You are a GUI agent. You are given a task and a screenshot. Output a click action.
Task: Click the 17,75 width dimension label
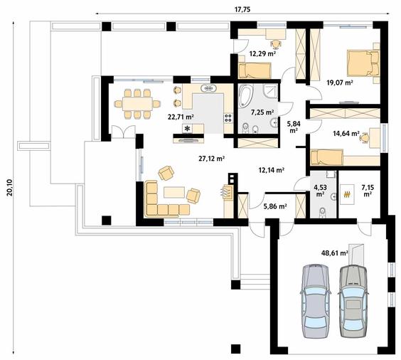coord(242,9)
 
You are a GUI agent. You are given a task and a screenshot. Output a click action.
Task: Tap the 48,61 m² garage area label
coord(334,253)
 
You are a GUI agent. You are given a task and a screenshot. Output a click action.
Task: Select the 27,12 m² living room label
coord(211,159)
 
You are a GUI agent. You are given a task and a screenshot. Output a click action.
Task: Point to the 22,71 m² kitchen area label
coord(181,117)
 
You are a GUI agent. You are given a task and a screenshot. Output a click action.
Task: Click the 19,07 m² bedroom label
coord(340,83)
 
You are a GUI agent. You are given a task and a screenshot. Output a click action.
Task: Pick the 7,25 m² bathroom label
coord(262,112)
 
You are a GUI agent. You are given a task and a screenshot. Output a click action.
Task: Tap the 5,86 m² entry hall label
coord(274,206)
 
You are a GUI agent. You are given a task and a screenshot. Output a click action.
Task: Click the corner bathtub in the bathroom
coord(246,95)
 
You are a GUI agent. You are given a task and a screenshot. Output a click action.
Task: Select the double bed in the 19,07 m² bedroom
coord(363,63)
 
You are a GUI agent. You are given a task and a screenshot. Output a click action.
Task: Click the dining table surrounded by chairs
coord(137,104)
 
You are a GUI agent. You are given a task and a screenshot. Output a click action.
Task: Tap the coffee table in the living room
coord(174,192)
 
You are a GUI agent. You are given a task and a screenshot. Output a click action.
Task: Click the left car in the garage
coord(315,301)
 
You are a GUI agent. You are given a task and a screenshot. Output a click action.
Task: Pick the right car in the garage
coord(353,301)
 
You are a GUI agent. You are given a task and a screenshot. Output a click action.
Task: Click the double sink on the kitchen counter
coord(208,88)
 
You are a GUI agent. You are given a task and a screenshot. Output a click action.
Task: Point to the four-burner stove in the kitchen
coord(228,118)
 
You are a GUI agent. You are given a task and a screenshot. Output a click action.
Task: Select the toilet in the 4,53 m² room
coord(323,213)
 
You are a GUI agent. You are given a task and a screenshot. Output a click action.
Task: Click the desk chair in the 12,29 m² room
coord(276,43)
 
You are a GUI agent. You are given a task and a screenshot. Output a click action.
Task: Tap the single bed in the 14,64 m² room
coord(326,157)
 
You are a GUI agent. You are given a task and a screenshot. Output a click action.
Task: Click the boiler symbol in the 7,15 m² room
coord(347,194)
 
